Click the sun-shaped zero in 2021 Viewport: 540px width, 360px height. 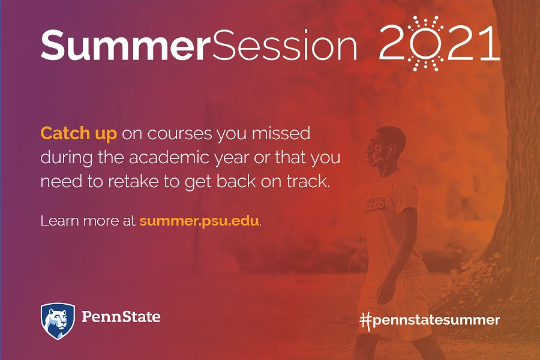[x=426, y=44]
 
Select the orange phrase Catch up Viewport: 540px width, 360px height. [x=79, y=134]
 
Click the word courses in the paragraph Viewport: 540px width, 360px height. [x=179, y=134]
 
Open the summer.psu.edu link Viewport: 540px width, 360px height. [x=199, y=221]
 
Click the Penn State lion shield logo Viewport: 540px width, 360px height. [x=58, y=321]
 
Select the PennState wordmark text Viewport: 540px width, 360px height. [x=121, y=317]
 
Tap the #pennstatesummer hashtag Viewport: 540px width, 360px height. [x=430, y=320]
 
